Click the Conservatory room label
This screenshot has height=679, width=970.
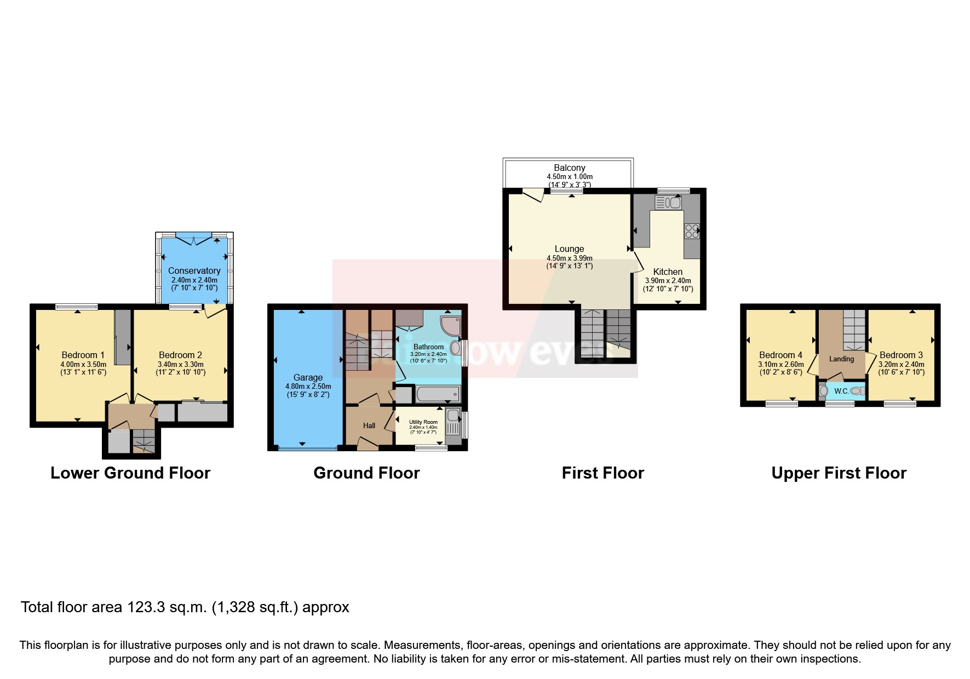[194, 271]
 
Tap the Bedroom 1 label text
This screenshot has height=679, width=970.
[83, 355]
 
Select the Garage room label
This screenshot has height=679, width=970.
[308, 377]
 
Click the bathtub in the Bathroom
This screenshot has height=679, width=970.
[437, 394]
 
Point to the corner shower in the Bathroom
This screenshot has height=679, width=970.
[450, 325]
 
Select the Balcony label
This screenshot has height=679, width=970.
[569, 168]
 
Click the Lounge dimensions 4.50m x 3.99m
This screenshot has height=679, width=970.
[569, 258]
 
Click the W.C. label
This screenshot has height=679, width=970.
[841, 391]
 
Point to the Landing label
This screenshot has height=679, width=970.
[841, 359]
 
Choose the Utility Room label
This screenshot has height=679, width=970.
[423, 422]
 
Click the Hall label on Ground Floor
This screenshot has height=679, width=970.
[369, 425]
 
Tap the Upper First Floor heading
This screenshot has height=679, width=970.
[839, 473]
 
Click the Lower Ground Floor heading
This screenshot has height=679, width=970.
[130, 473]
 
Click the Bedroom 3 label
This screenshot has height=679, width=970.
[901, 355]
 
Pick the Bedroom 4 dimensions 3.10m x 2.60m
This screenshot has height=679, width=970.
[780, 364]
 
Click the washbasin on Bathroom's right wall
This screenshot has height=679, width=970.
[455, 348]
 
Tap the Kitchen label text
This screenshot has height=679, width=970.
[668, 272]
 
